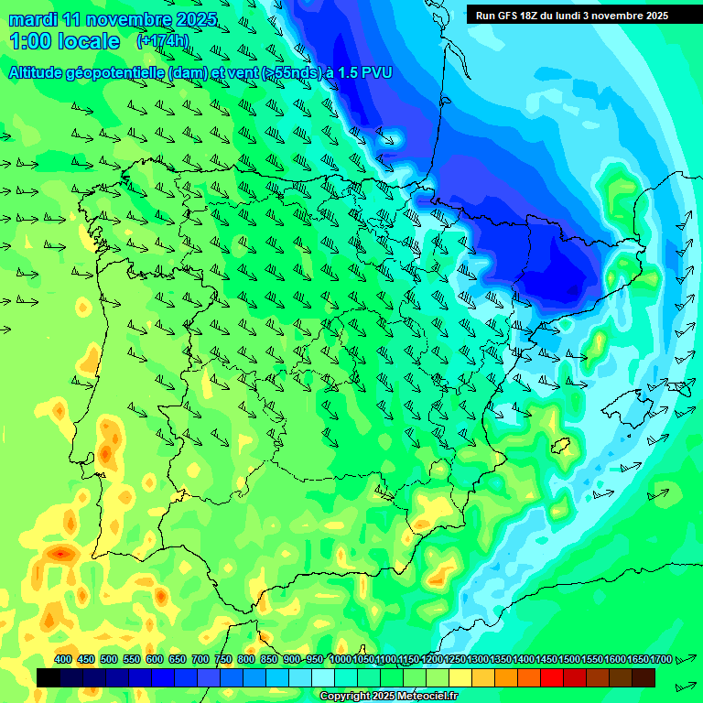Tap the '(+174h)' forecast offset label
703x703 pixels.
162,41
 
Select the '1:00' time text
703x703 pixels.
30,41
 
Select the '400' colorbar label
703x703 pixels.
63,659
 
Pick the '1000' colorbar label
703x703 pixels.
341,659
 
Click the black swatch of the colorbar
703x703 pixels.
49,677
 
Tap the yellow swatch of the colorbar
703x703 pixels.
460,677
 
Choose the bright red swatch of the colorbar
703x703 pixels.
552,677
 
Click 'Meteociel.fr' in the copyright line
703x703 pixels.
425,697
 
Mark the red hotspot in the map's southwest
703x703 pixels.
61,553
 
